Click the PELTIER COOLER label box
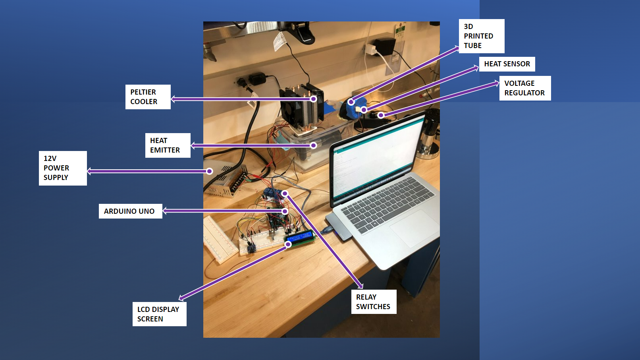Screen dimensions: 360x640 click(148, 97)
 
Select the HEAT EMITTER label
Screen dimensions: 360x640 click(168, 145)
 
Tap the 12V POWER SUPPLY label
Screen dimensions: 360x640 click(63, 168)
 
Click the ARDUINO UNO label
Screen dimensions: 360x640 click(130, 211)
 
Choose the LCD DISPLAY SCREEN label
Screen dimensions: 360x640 click(159, 314)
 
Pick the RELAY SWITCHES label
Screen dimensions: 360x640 click(373, 302)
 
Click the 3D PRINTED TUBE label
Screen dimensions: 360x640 click(481, 36)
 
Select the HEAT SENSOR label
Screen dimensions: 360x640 click(507, 64)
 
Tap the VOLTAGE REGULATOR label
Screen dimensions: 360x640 click(524, 88)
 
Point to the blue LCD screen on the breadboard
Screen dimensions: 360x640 click(300, 238)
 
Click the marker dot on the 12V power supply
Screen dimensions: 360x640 click(210, 171)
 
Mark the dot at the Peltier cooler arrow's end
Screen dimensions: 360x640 click(314, 99)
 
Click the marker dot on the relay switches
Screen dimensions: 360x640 click(285, 194)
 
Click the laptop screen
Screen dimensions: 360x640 click(377, 159)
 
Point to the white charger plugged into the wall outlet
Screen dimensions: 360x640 click(370, 49)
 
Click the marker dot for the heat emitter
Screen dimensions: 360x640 click(314, 145)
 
